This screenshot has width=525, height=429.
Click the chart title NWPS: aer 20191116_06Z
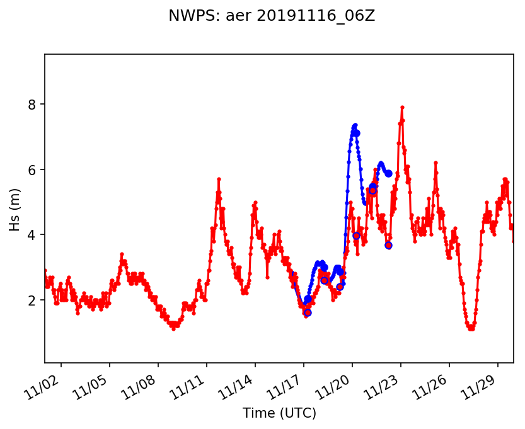tap(272, 16)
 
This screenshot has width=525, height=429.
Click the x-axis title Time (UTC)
tap(279, 413)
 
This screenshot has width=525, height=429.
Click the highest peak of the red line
tap(402, 108)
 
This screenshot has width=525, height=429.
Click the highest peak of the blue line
tap(355, 125)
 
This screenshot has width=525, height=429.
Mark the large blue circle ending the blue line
tap(389, 173)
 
